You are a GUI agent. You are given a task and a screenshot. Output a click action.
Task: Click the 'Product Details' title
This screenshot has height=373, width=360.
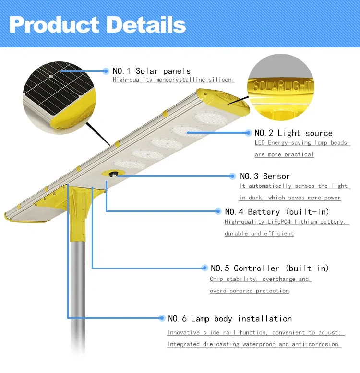pyautogui.click(x=97, y=24)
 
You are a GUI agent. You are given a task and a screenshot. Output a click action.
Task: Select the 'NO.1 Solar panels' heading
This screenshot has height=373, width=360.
pyautogui.click(x=151, y=71)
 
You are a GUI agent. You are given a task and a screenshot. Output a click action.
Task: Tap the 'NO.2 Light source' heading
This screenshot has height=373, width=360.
pyautogui.click(x=293, y=133)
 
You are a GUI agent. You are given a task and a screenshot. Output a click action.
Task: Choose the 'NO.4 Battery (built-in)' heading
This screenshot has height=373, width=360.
pyautogui.click(x=277, y=211)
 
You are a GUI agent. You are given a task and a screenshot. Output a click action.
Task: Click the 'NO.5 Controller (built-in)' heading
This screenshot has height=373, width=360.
pyautogui.click(x=270, y=268)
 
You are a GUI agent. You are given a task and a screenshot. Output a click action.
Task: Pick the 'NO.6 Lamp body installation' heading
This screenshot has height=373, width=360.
pyautogui.click(x=229, y=318)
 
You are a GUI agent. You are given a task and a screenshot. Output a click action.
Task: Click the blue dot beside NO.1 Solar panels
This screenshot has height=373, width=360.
pyautogui.click(x=106, y=71)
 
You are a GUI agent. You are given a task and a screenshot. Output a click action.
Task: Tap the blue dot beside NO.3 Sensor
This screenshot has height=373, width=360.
pyautogui.click(x=233, y=176)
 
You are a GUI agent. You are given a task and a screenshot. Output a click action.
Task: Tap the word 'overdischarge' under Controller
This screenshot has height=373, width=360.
pyautogui.click(x=228, y=291)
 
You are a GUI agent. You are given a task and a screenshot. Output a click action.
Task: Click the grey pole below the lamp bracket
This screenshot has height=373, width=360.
pyautogui.click(x=78, y=288)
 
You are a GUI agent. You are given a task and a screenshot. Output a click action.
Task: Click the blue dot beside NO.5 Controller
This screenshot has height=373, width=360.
pyautogui.click(x=204, y=268)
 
